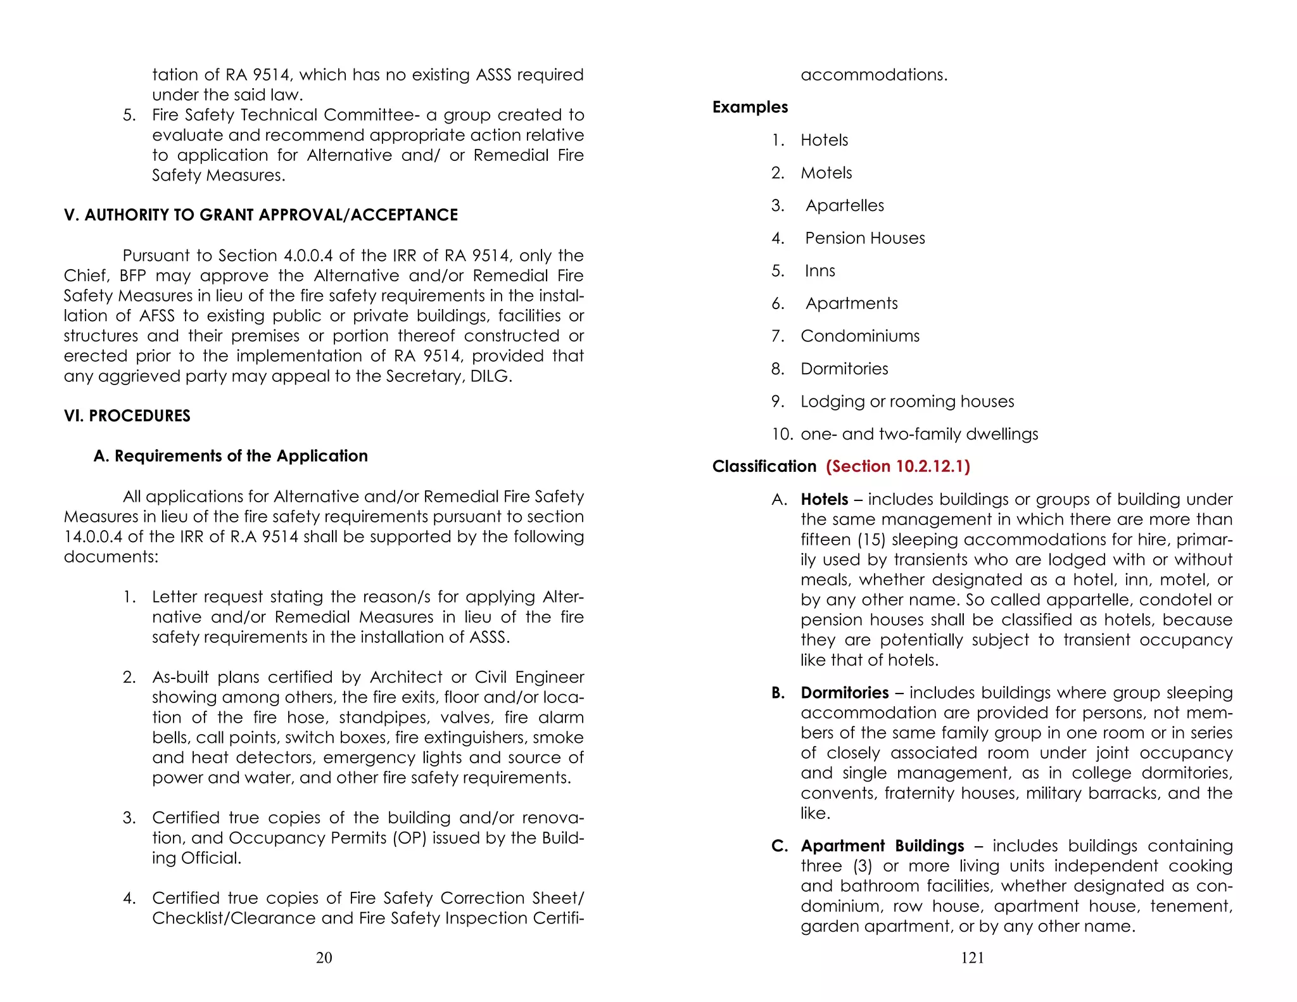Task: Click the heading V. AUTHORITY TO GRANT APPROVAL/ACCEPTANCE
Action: point(260,215)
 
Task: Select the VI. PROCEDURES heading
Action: point(127,416)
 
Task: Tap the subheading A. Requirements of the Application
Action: point(231,456)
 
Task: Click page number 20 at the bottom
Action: point(324,958)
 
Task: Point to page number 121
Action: point(972,958)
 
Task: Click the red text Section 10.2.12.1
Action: point(897,467)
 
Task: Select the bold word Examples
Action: point(750,107)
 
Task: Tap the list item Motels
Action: point(826,173)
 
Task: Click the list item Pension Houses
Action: point(864,238)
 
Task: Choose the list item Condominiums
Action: point(859,336)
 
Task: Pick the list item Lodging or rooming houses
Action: point(907,402)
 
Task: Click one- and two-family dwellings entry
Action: point(919,434)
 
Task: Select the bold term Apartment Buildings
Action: point(882,846)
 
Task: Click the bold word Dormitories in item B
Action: point(844,693)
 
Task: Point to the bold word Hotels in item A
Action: point(824,500)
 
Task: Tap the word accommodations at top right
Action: point(873,75)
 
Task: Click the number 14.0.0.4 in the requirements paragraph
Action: point(93,537)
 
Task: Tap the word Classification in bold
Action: point(764,467)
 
